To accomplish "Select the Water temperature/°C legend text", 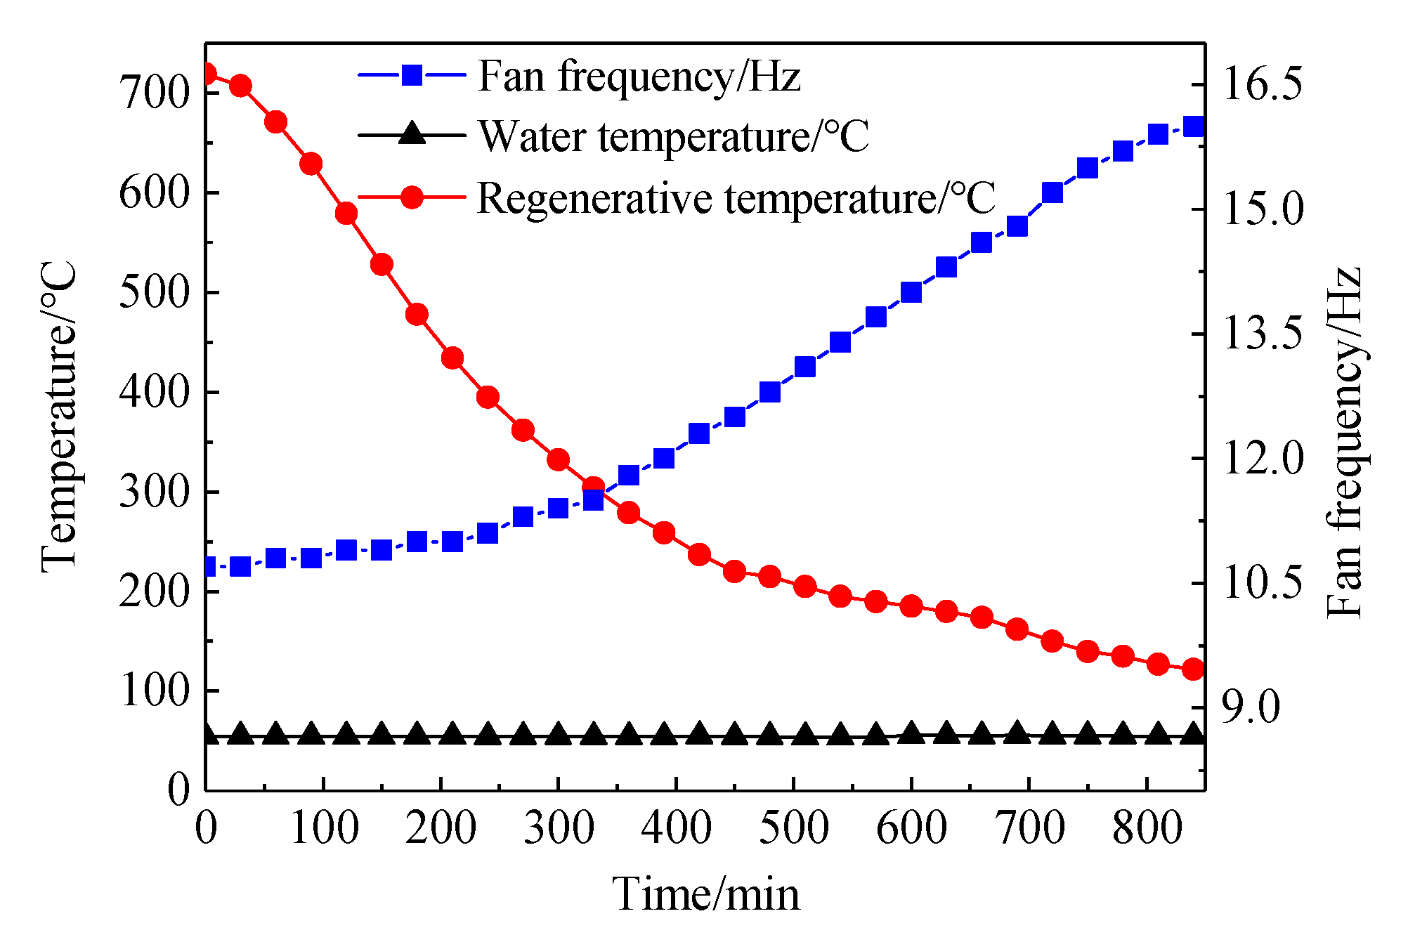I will pos(673,136).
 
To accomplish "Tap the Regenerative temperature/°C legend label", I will pos(736,198).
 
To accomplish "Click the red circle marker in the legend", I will pos(412,197).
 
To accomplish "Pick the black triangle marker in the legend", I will pos(412,133).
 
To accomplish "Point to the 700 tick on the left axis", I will pos(155,93).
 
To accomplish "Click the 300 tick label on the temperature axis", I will pos(155,492).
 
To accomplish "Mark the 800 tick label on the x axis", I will pos(1147,828).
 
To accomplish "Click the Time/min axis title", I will pos(706,895).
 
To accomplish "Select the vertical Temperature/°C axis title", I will pos(59,417).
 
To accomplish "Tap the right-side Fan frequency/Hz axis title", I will pos(1344,443).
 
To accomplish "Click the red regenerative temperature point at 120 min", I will pos(346,214).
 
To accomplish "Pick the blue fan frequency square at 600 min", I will pos(911,292).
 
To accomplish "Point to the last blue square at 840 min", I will pos(1194,126).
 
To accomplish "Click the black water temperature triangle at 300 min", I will pos(559,735).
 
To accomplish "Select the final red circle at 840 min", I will pos(1194,669).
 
